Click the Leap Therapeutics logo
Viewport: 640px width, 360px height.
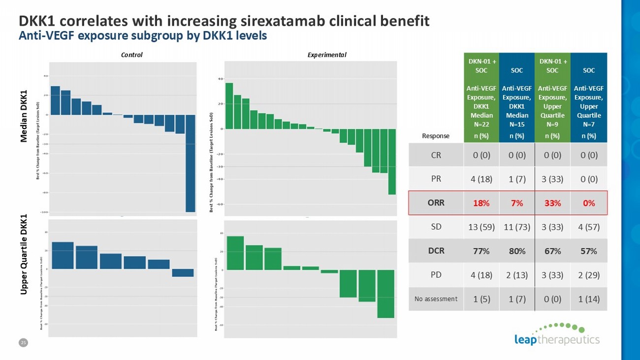(x=556, y=334)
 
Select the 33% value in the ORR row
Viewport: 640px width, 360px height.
(x=552, y=203)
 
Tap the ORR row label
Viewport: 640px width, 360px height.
(x=436, y=203)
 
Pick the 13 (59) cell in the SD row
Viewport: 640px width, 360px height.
(x=481, y=227)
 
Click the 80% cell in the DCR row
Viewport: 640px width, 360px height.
(x=517, y=251)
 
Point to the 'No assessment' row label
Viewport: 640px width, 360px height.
(x=436, y=298)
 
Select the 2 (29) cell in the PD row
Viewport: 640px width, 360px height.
(x=589, y=275)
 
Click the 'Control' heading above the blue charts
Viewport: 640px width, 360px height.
(x=131, y=55)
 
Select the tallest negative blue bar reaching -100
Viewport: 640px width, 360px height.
(x=190, y=163)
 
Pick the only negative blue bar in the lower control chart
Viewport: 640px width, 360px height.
(x=183, y=273)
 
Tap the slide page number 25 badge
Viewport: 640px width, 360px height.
(x=22, y=343)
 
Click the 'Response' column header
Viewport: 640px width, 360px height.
(x=436, y=136)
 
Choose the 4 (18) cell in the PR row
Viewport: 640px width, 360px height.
(x=481, y=179)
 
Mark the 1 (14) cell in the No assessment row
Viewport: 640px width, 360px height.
(x=589, y=298)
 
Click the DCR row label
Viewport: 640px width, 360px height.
(x=436, y=251)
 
